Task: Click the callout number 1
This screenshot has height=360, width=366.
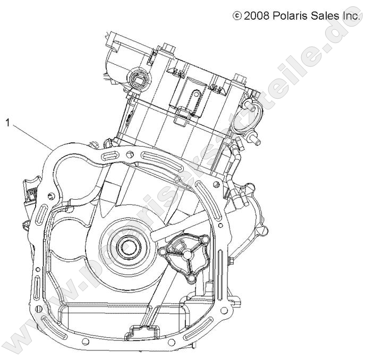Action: click(x=8, y=123)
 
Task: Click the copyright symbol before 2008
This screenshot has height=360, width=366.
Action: click(x=237, y=16)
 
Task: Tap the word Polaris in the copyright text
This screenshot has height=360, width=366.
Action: click(x=289, y=16)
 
